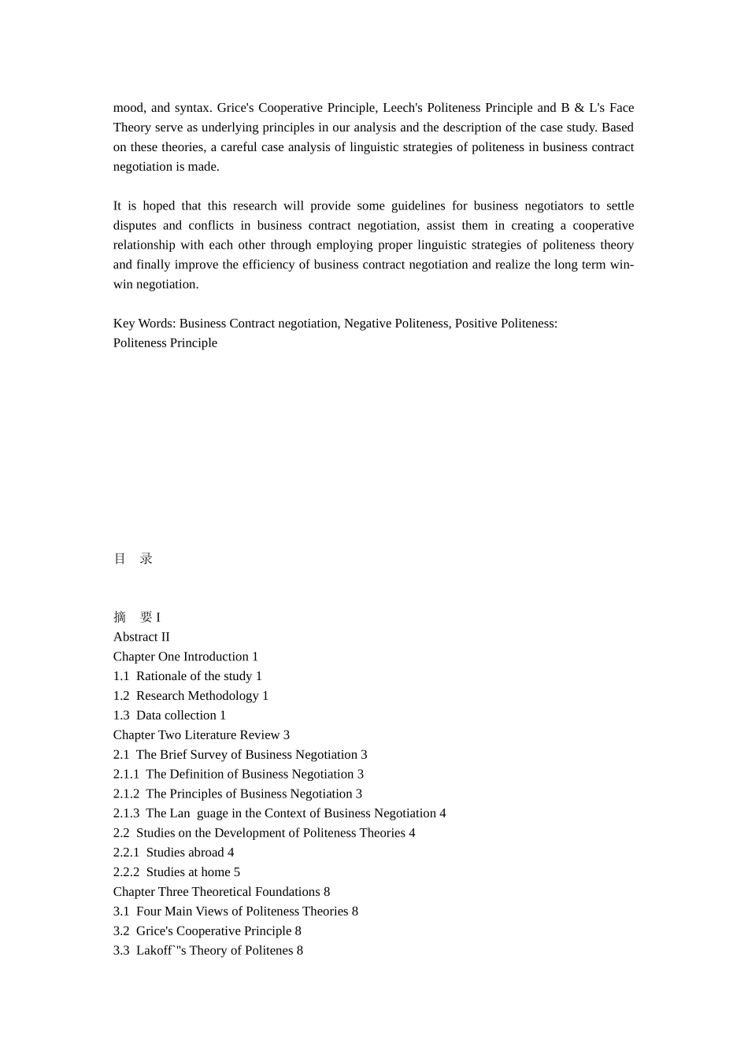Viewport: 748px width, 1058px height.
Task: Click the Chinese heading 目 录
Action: (x=133, y=559)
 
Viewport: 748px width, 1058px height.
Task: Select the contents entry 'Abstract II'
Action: (x=141, y=637)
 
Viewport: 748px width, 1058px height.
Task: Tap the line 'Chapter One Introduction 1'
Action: (x=185, y=657)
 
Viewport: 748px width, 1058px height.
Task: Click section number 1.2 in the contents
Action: (x=121, y=696)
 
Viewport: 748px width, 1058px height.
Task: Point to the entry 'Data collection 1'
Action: (x=180, y=716)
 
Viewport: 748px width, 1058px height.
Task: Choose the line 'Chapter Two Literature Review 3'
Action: (x=201, y=735)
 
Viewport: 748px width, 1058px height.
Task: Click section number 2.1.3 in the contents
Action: (x=126, y=813)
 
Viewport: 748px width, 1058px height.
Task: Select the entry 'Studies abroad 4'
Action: (x=190, y=853)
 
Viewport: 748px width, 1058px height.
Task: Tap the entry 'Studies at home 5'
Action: (x=193, y=872)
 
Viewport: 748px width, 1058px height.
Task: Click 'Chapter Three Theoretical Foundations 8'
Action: (x=221, y=892)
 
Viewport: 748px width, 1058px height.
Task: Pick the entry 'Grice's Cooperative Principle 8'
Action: (x=218, y=931)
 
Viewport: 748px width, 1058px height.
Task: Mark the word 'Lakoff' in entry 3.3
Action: (x=154, y=951)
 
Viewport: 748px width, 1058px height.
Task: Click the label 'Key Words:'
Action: (x=144, y=324)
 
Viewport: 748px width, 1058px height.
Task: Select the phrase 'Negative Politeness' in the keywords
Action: (x=396, y=324)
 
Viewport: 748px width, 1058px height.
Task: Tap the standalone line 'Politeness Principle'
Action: (x=165, y=343)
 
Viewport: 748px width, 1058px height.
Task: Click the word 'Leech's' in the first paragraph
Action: (x=402, y=108)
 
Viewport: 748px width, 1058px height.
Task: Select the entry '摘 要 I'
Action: (x=136, y=617)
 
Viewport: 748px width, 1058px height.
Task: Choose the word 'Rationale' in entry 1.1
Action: (x=164, y=676)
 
